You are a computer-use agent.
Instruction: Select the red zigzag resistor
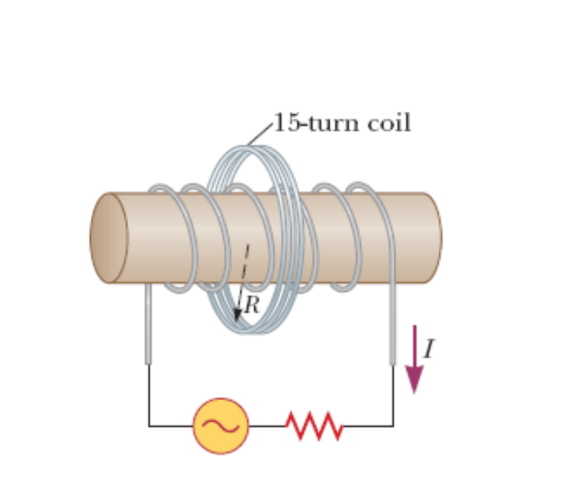pyautogui.click(x=314, y=426)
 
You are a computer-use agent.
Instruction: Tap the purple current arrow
pyautogui.click(x=415, y=358)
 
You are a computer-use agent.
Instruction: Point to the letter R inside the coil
pyautogui.click(x=252, y=305)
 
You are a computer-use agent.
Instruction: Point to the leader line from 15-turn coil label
pyautogui.click(x=259, y=134)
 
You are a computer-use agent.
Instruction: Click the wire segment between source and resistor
pyautogui.click(x=267, y=426)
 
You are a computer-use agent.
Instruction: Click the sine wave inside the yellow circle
pyautogui.click(x=221, y=425)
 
